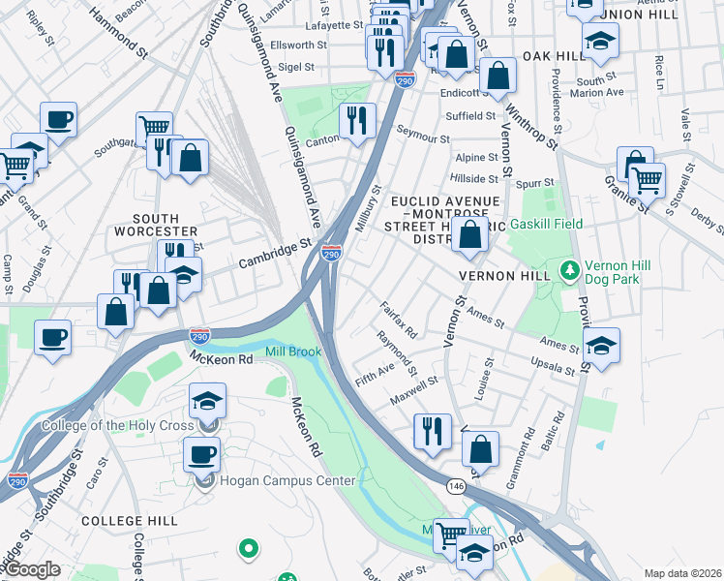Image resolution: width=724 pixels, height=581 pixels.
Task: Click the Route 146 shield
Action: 454,484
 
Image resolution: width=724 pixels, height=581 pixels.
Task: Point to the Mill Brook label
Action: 293,352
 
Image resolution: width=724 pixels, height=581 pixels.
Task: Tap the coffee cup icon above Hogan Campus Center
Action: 201,453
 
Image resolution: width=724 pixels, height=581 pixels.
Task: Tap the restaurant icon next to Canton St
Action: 357,120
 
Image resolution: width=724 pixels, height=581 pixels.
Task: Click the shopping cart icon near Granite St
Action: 647,178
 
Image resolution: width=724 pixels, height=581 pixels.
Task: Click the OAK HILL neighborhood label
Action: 555,56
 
